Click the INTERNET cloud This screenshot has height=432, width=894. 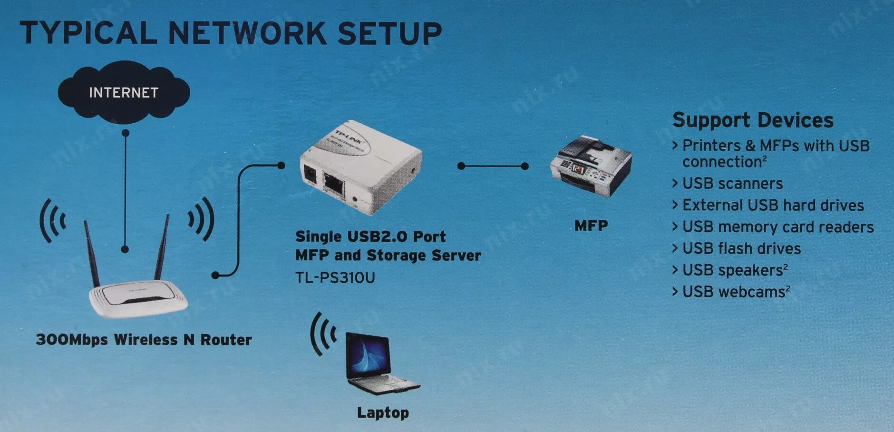[x=124, y=92]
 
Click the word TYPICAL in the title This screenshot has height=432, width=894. [x=88, y=33]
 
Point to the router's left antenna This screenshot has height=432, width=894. [x=92, y=252]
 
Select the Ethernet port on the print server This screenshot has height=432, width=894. [x=334, y=183]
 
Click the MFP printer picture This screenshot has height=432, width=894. [x=591, y=167]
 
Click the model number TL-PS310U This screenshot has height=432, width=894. [x=335, y=277]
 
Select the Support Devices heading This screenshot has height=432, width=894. [x=752, y=120]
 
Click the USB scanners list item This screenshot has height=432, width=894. [x=732, y=184]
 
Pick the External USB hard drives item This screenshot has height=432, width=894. [x=773, y=205]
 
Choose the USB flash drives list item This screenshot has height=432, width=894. [x=741, y=248]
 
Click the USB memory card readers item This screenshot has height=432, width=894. [x=778, y=227]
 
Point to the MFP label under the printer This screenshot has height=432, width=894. [x=591, y=226]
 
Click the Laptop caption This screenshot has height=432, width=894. [x=383, y=412]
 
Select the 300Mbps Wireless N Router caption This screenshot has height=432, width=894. [x=144, y=340]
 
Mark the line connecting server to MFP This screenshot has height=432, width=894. [x=493, y=166]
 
